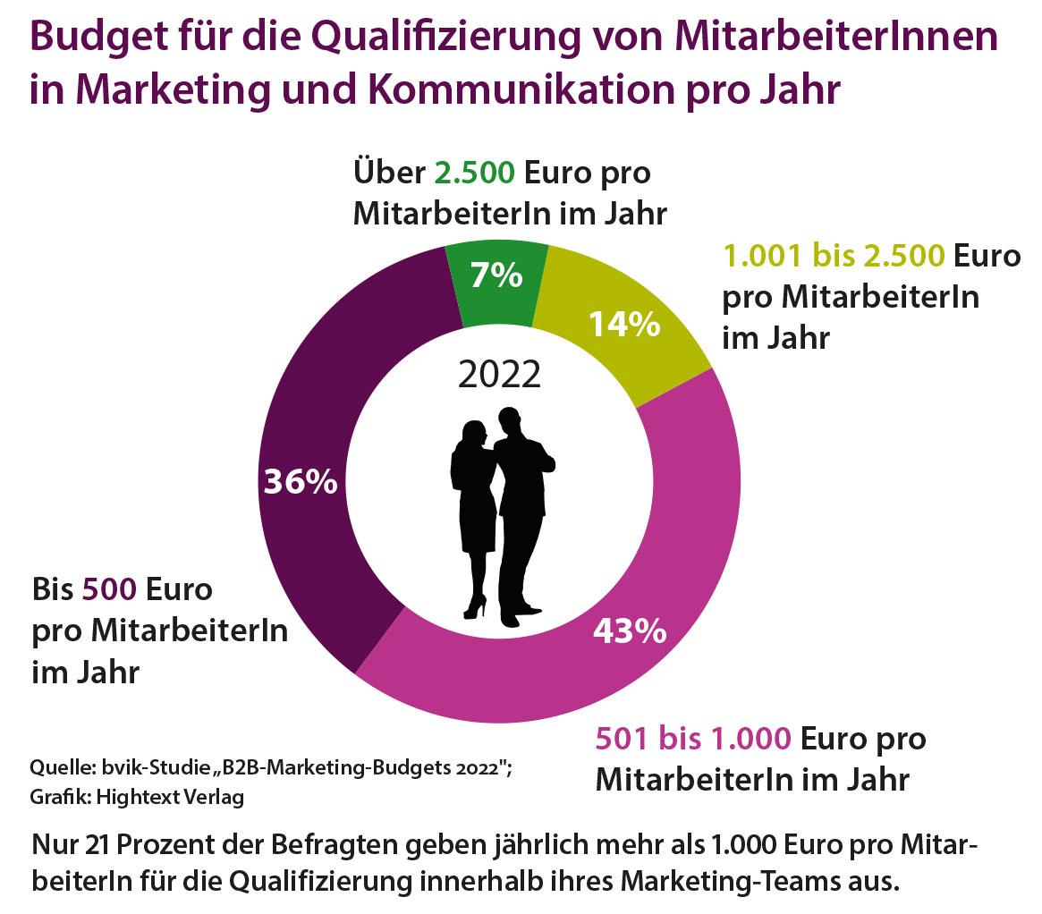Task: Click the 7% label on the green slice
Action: coord(496,275)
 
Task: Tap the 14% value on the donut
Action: coord(624,325)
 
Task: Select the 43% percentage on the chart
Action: coord(630,630)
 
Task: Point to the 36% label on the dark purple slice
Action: coord(301,481)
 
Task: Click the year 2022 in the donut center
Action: coord(500,375)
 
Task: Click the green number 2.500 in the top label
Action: coord(474,173)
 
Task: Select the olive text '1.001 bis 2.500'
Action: coord(834,256)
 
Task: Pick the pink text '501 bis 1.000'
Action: coord(693,738)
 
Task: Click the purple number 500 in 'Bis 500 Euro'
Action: coord(110,589)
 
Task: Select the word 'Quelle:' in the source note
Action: coord(63,768)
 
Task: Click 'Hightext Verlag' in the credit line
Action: coord(170,797)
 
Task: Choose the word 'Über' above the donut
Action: coord(389,172)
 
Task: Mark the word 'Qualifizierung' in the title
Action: coord(446,38)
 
